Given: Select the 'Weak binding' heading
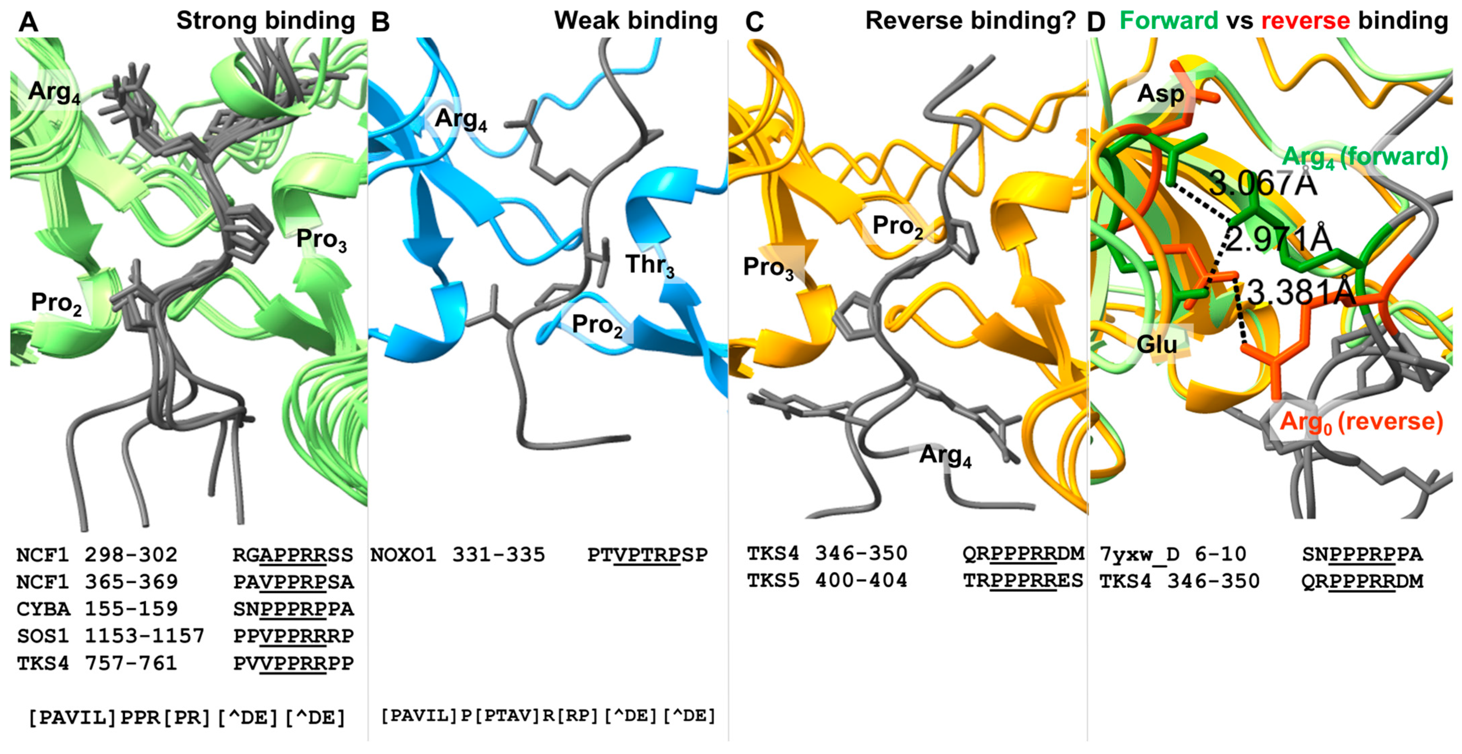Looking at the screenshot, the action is coord(636,21).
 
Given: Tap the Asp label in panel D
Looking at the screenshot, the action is coord(1160,94).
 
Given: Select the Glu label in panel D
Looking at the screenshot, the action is coord(1157,343).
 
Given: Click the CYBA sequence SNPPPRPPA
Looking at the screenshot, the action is coord(293,609).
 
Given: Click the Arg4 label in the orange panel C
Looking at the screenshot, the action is coord(945,455).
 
